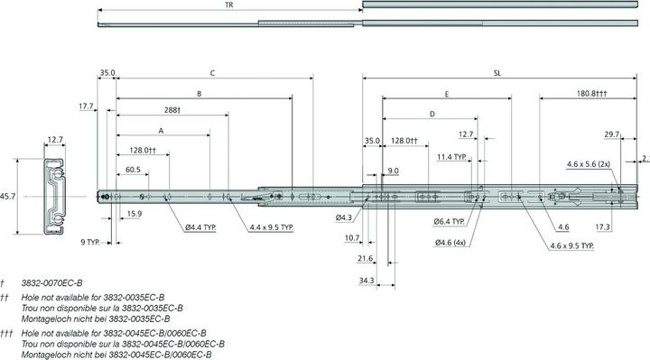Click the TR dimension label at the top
coord(228,5)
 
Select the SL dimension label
coord(497,73)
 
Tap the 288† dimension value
coord(172,110)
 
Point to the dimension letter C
coord(212,73)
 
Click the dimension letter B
coord(199,94)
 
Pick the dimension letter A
coord(162,131)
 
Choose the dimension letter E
coord(447,95)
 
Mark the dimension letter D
coord(432,114)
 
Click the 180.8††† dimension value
coord(591,94)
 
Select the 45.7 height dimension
coord(7,197)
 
